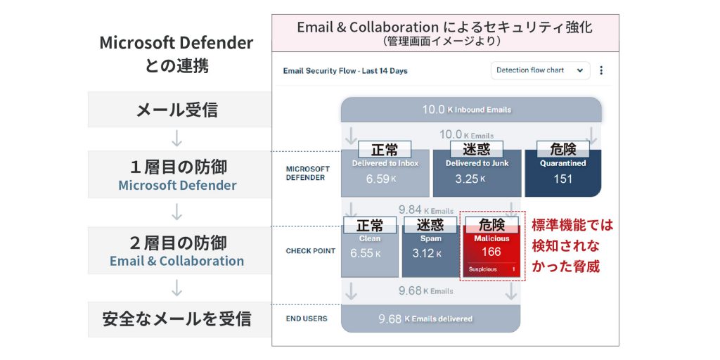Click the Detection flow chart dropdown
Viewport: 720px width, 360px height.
(x=540, y=71)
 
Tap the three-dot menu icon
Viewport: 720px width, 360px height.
(x=601, y=71)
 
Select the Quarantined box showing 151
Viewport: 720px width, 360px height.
(x=563, y=173)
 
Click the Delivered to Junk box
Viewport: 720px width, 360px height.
(x=477, y=173)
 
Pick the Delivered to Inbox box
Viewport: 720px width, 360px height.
(x=385, y=173)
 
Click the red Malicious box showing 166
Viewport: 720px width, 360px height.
(x=491, y=251)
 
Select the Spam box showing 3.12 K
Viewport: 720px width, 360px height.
(x=430, y=251)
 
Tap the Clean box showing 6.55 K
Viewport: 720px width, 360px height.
(x=370, y=251)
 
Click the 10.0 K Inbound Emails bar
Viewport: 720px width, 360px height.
(x=471, y=110)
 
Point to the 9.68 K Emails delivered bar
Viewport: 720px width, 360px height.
(x=431, y=319)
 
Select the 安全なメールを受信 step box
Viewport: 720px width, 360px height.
(x=176, y=319)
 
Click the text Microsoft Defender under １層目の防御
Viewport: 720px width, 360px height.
(x=177, y=186)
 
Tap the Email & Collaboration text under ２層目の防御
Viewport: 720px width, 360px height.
(x=176, y=262)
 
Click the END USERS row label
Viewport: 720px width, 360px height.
(x=307, y=319)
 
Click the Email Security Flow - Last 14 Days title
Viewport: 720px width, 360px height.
(x=345, y=71)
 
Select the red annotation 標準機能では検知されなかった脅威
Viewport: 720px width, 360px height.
(x=572, y=245)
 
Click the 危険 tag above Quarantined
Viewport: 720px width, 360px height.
(x=563, y=149)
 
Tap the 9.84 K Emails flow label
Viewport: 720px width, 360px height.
(x=425, y=210)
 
